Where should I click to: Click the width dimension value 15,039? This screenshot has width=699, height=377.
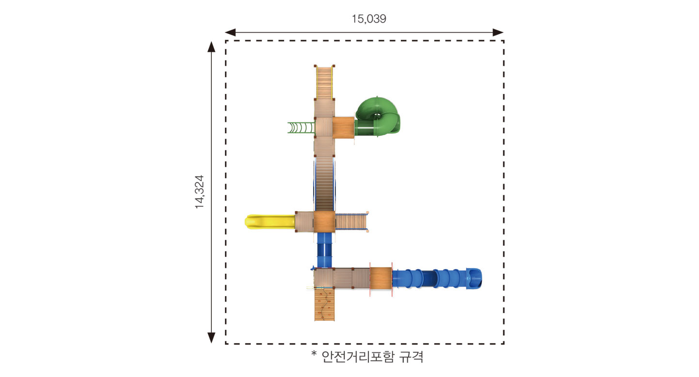tap(369, 19)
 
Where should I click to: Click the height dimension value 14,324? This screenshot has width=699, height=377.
tap(199, 192)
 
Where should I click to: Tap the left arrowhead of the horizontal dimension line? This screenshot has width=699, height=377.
tap(230, 32)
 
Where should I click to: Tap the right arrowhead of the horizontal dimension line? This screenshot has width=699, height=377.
tap(498, 32)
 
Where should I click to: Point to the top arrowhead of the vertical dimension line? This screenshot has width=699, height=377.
tap(211, 47)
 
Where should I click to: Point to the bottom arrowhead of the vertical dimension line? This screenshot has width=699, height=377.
tap(211, 338)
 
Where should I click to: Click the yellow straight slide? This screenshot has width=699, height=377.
tap(270, 222)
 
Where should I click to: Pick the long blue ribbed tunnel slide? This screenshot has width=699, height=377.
tap(437, 279)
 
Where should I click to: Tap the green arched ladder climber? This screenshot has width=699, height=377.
tap(301, 127)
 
